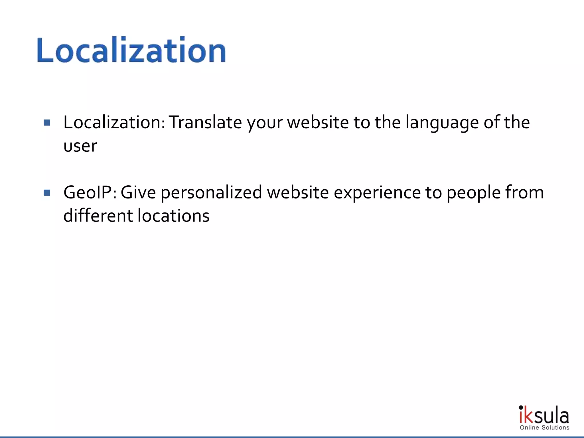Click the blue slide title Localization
131,50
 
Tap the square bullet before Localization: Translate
47,123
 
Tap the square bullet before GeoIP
47,193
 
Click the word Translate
205,122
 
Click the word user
80,146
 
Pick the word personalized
211,193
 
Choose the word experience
377,193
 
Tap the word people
473,193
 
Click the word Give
138,192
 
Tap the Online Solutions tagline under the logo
544,427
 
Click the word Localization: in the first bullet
114,122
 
